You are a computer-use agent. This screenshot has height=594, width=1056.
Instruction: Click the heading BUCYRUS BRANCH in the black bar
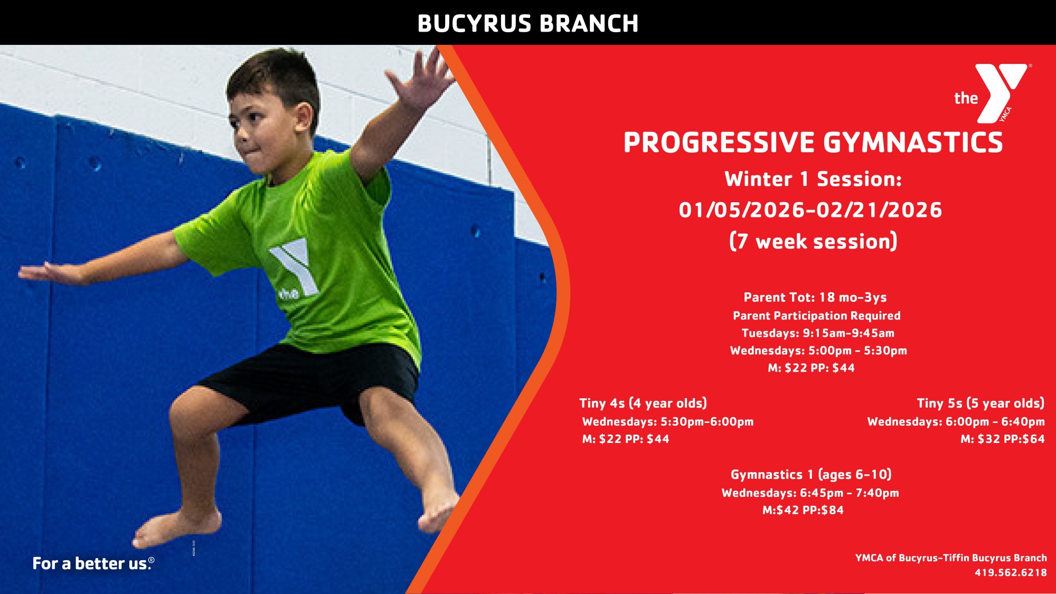click(x=528, y=24)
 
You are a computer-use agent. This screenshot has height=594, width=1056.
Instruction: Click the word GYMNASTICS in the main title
click(x=913, y=143)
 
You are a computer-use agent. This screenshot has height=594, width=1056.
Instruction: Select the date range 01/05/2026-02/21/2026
click(x=810, y=210)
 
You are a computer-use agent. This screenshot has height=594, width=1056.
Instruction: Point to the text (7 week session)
click(x=813, y=241)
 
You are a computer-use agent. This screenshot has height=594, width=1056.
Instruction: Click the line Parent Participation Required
click(x=817, y=316)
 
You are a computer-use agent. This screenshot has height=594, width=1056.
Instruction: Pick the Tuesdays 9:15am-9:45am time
click(x=818, y=333)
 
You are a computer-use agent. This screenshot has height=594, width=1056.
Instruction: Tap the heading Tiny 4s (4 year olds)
click(x=643, y=403)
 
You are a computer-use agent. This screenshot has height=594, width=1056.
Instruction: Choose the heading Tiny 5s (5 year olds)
click(x=980, y=403)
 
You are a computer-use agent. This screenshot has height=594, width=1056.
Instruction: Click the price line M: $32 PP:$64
click(x=1003, y=439)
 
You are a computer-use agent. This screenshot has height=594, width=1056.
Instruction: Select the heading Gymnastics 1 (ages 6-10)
click(x=811, y=475)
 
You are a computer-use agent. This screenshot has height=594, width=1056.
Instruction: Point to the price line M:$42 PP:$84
click(x=803, y=510)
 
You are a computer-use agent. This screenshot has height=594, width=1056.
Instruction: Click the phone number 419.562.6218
click(x=1011, y=572)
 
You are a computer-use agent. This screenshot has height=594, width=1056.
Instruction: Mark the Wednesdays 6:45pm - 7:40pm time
click(x=810, y=493)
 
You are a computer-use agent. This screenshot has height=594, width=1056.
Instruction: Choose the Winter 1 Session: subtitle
click(x=813, y=179)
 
